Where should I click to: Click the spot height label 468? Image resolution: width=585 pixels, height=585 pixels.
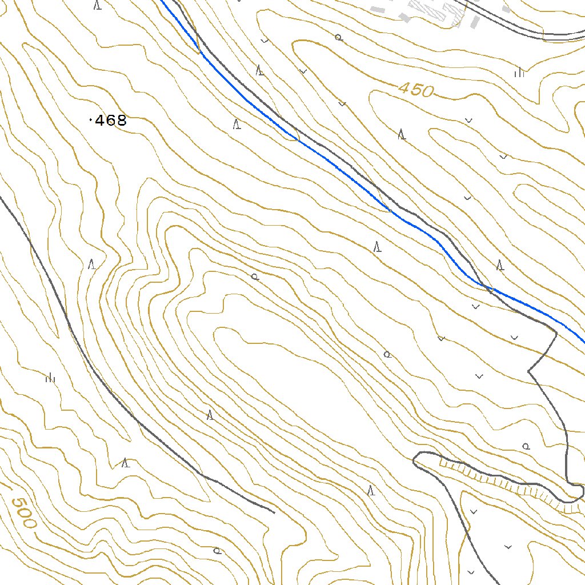[110, 121]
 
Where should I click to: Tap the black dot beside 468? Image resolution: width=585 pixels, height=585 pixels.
[91, 121]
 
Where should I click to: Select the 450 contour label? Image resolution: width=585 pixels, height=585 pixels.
[416, 90]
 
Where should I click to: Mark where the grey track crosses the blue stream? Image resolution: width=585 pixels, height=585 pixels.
[483, 285]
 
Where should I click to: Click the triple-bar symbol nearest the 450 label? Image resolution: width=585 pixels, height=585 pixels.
[519, 72]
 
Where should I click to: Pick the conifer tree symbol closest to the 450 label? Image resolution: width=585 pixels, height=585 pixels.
[402, 135]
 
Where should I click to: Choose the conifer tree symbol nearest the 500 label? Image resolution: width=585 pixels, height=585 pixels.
[126, 463]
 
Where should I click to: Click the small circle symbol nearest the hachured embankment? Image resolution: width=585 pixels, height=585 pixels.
[526, 446]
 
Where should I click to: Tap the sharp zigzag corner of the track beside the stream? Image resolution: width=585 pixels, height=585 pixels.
[529, 371]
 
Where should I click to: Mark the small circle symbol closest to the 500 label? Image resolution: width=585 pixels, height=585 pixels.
[217, 551]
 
